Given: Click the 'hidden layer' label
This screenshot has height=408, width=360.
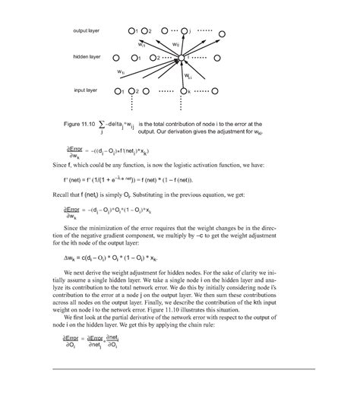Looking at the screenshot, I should [x=87, y=57].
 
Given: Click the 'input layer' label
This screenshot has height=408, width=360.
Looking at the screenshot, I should [x=85, y=90].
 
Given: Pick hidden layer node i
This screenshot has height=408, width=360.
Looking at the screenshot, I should [x=181, y=58].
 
